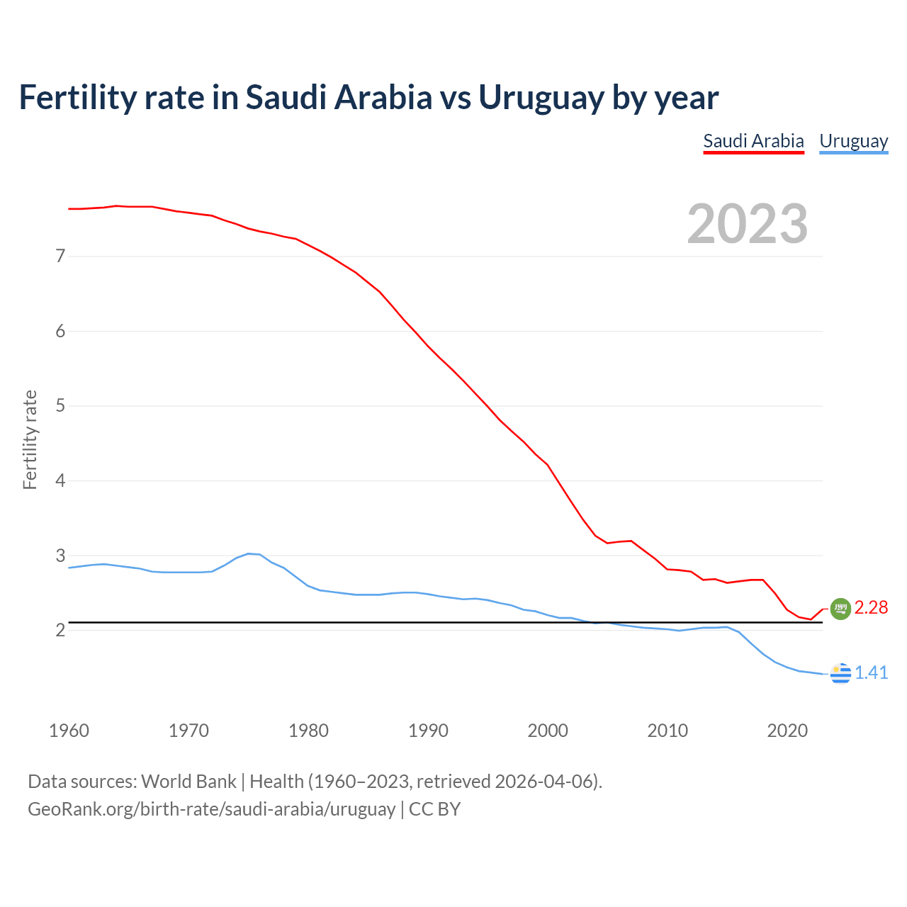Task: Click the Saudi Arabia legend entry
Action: tap(753, 141)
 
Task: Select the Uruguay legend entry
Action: tap(853, 141)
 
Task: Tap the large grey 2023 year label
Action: tap(748, 224)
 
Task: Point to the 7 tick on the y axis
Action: tap(60, 256)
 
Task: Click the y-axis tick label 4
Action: tap(60, 480)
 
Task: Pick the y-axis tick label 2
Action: tap(60, 630)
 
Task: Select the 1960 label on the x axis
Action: tap(69, 731)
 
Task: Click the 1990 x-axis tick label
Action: tap(428, 731)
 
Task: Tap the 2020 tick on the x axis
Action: tap(787, 731)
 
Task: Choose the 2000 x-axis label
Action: tap(548, 731)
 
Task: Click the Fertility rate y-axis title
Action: tap(30, 439)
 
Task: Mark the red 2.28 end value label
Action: tap(871, 608)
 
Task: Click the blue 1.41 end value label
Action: tap(871, 672)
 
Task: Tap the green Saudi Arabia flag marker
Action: tap(840, 609)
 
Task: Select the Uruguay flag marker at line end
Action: tap(840, 673)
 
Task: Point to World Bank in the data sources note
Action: tap(188, 782)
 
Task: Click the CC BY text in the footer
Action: tap(434, 809)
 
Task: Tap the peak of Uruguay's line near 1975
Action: tap(249, 553)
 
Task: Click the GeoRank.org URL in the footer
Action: tap(211, 809)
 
